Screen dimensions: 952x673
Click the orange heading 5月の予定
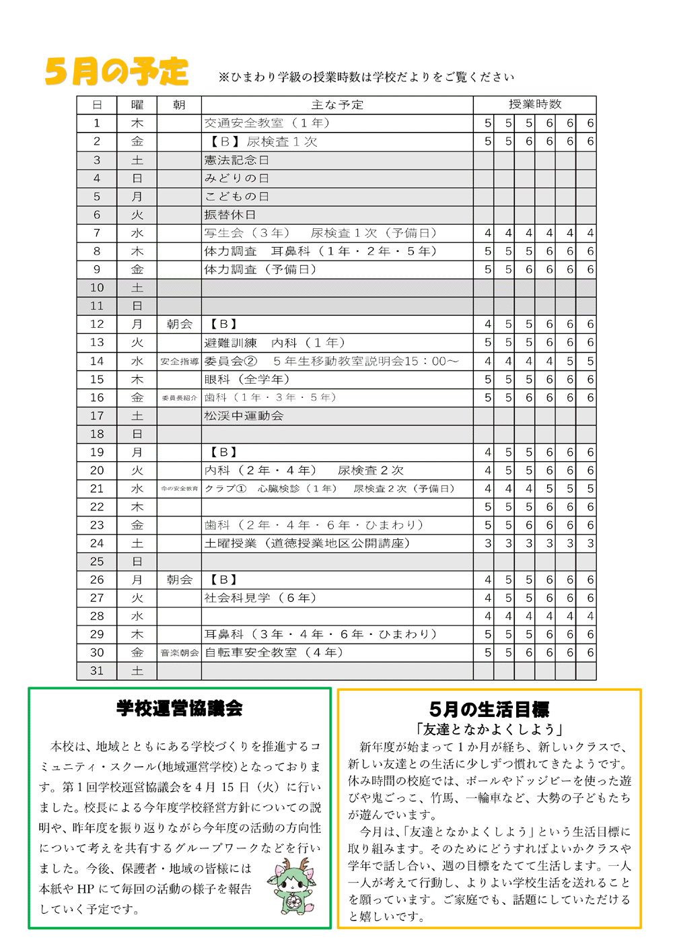(x=116, y=71)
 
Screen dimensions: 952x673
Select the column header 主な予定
(x=337, y=105)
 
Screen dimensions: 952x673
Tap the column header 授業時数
(x=534, y=104)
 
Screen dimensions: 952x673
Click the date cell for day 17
(x=97, y=416)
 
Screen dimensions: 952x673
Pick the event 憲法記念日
(x=237, y=160)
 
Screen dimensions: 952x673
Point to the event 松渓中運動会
(x=244, y=416)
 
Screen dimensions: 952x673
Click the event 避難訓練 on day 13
(x=230, y=343)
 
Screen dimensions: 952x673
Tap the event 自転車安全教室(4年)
(x=274, y=652)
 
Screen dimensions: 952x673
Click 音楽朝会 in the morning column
(x=179, y=653)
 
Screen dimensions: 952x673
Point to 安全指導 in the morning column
(x=179, y=362)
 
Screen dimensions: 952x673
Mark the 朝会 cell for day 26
(x=179, y=580)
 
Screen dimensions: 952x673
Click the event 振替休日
(x=230, y=215)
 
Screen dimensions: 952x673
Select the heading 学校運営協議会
(x=179, y=708)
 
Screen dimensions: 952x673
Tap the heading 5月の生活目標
(x=489, y=710)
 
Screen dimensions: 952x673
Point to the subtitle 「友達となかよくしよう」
(x=489, y=729)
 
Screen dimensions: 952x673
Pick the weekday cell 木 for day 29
(x=137, y=634)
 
